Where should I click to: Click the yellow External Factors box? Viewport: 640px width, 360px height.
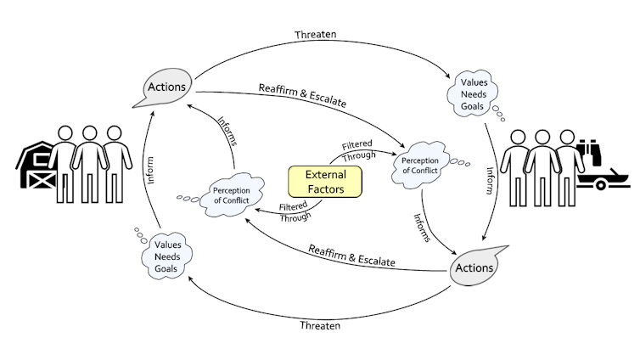point(325,181)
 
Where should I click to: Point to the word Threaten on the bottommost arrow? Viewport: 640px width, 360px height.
point(319,324)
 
